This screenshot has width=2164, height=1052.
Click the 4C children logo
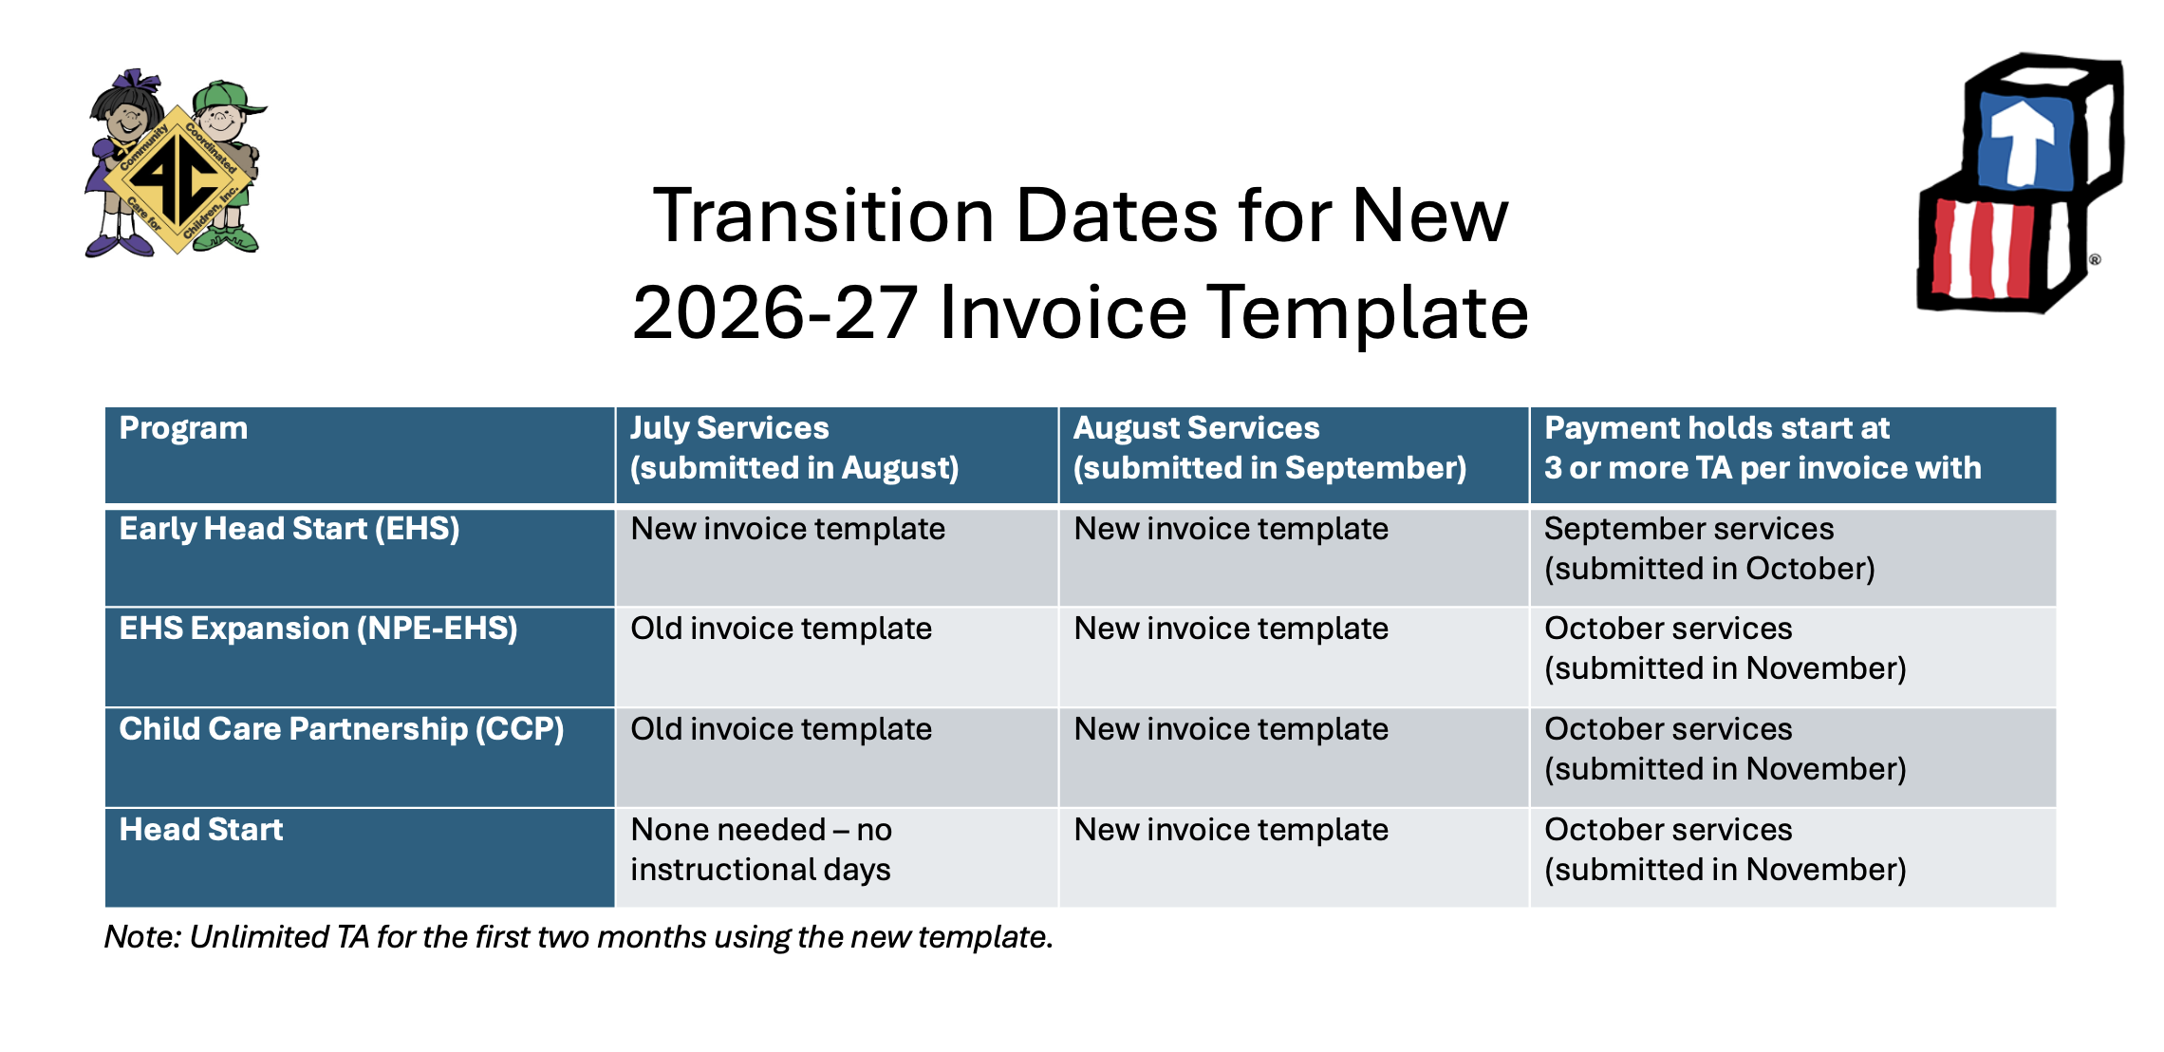coord(176,163)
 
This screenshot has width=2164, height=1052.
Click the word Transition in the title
coord(824,216)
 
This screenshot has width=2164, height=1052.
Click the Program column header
coord(183,428)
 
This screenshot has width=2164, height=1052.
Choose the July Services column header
coord(794,448)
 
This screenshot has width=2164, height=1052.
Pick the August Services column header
coord(1270,448)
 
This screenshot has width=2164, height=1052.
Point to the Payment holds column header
coord(1763,448)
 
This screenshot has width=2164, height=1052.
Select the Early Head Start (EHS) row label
coord(289,529)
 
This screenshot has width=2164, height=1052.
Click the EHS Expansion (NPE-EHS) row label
coord(318,629)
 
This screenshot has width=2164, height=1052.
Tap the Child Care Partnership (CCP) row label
coord(342,729)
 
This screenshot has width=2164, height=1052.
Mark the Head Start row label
coord(201,830)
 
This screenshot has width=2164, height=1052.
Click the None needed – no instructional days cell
coord(761,850)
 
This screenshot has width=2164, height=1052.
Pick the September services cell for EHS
coord(1709,549)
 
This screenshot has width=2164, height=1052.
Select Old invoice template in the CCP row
coord(781,729)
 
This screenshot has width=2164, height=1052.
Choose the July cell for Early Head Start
coord(788,529)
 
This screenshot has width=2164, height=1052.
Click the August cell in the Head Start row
coord(1231,830)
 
